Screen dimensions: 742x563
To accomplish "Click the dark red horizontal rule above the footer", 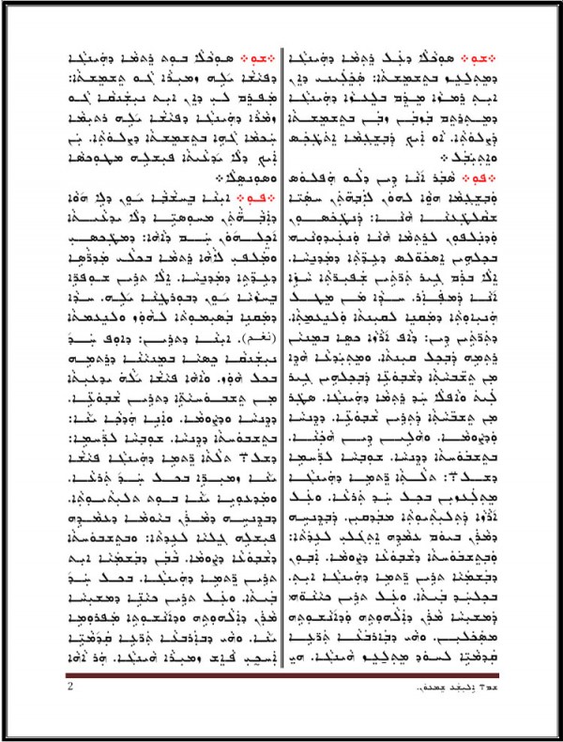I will (x=281, y=673).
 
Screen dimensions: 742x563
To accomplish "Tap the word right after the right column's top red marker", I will (x=463, y=45).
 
